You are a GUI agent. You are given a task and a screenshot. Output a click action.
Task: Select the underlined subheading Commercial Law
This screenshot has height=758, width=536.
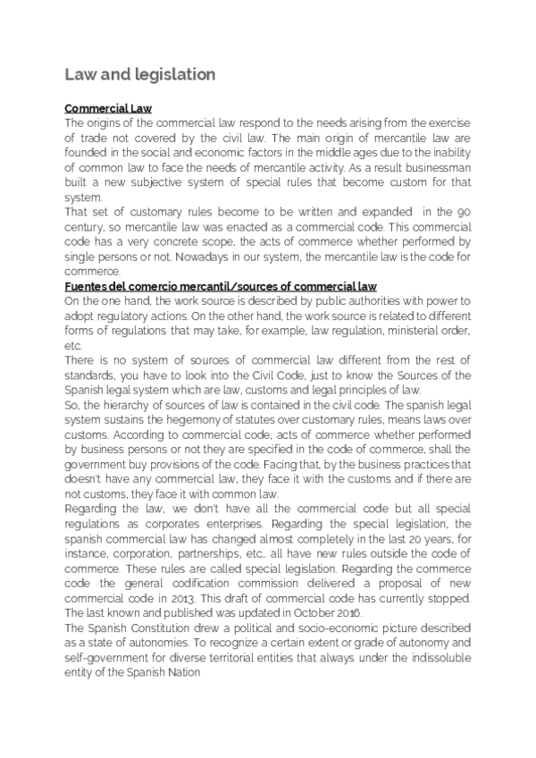[x=109, y=108]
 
